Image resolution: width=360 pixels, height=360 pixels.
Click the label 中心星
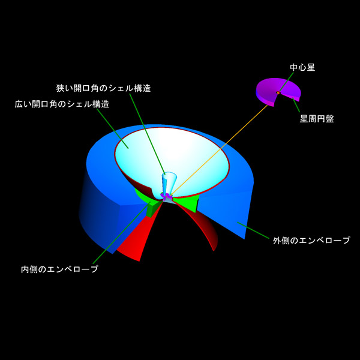click(302, 67)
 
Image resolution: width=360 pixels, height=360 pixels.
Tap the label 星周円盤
click(317, 119)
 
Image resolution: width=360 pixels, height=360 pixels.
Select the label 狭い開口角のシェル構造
click(104, 88)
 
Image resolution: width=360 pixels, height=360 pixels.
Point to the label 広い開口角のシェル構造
click(62, 104)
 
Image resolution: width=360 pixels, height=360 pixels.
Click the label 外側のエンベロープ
click(311, 240)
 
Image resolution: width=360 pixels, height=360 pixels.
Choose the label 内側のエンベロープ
click(59, 269)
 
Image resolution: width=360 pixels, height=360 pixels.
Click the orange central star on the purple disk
click(278, 93)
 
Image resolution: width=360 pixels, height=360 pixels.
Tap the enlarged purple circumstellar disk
click(278, 92)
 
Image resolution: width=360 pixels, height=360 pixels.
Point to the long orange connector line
click(219, 151)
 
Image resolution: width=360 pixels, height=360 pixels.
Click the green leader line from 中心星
click(286, 82)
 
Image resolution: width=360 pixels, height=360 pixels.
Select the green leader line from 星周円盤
click(296, 105)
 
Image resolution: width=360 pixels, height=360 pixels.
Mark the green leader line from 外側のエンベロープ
click(253, 230)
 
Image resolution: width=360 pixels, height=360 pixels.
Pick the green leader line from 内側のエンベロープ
click(121, 233)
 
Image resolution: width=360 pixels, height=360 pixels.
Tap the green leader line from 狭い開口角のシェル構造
click(148, 134)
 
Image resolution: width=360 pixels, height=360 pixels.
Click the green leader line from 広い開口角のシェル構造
click(113, 128)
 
